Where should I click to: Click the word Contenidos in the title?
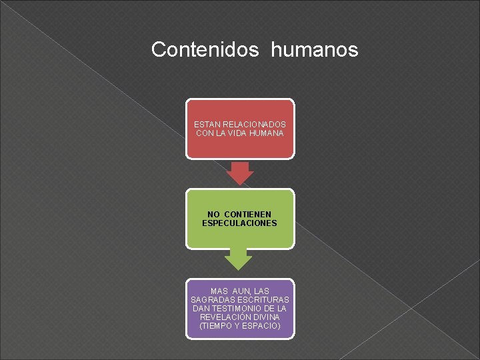click(205, 49)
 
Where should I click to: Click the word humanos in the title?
click(315, 49)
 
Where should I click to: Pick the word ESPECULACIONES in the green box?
click(239, 223)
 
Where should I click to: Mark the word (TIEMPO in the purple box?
click(215, 327)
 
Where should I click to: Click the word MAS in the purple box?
click(219, 291)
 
